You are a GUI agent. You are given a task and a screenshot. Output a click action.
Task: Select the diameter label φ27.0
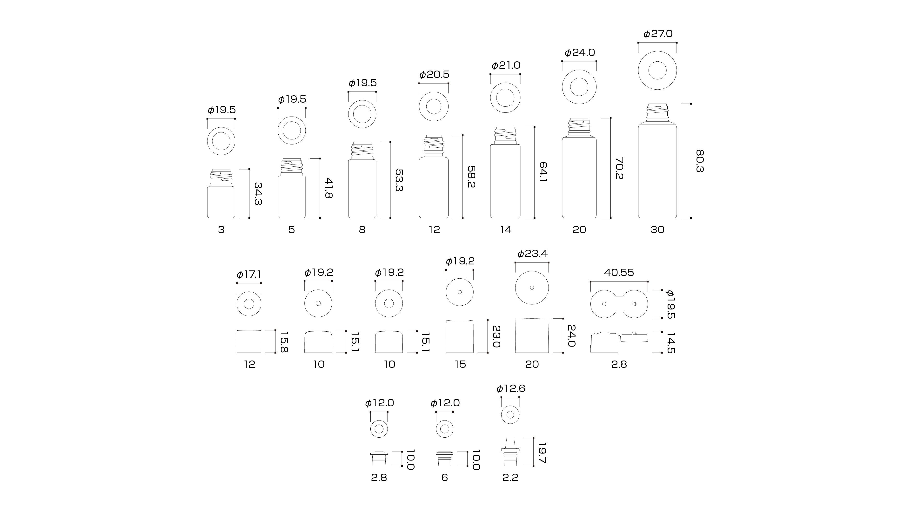click(x=658, y=34)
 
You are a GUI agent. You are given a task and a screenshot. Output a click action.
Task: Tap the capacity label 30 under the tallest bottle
click(x=657, y=230)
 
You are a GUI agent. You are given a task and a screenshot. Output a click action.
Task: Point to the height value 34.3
click(x=258, y=194)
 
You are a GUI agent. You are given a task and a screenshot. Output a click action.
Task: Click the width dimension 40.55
click(x=619, y=272)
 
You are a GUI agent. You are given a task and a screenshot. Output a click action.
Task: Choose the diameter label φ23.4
click(x=532, y=254)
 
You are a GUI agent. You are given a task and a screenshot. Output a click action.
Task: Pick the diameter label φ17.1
click(x=249, y=275)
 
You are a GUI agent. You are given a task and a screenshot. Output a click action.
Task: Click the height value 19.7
click(x=542, y=453)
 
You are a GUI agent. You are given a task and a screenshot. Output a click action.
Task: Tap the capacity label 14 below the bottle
click(x=506, y=230)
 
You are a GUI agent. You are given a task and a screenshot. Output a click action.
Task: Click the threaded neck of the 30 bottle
click(x=657, y=113)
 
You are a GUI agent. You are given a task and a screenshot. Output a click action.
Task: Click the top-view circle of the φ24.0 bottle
click(x=579, y=87)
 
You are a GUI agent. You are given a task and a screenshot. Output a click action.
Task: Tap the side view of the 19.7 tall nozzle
click(x=510, y=452)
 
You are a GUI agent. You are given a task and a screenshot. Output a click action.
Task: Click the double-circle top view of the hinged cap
click(x=619, y=304)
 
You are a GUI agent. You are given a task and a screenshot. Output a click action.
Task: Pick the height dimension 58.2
click(x=471, y=177)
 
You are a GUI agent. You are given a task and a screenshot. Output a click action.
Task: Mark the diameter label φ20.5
click(x=434, y=75)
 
